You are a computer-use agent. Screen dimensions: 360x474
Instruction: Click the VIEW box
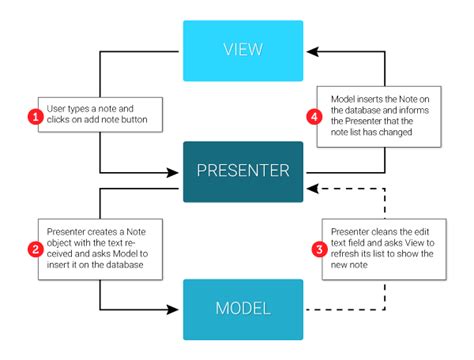tap(242, 50)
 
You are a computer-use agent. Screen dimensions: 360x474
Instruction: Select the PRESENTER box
tap(242, 169)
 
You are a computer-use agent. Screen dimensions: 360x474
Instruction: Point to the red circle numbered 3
tap(318, 247)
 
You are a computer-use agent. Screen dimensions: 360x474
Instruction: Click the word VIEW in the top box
tap(242, 50)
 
